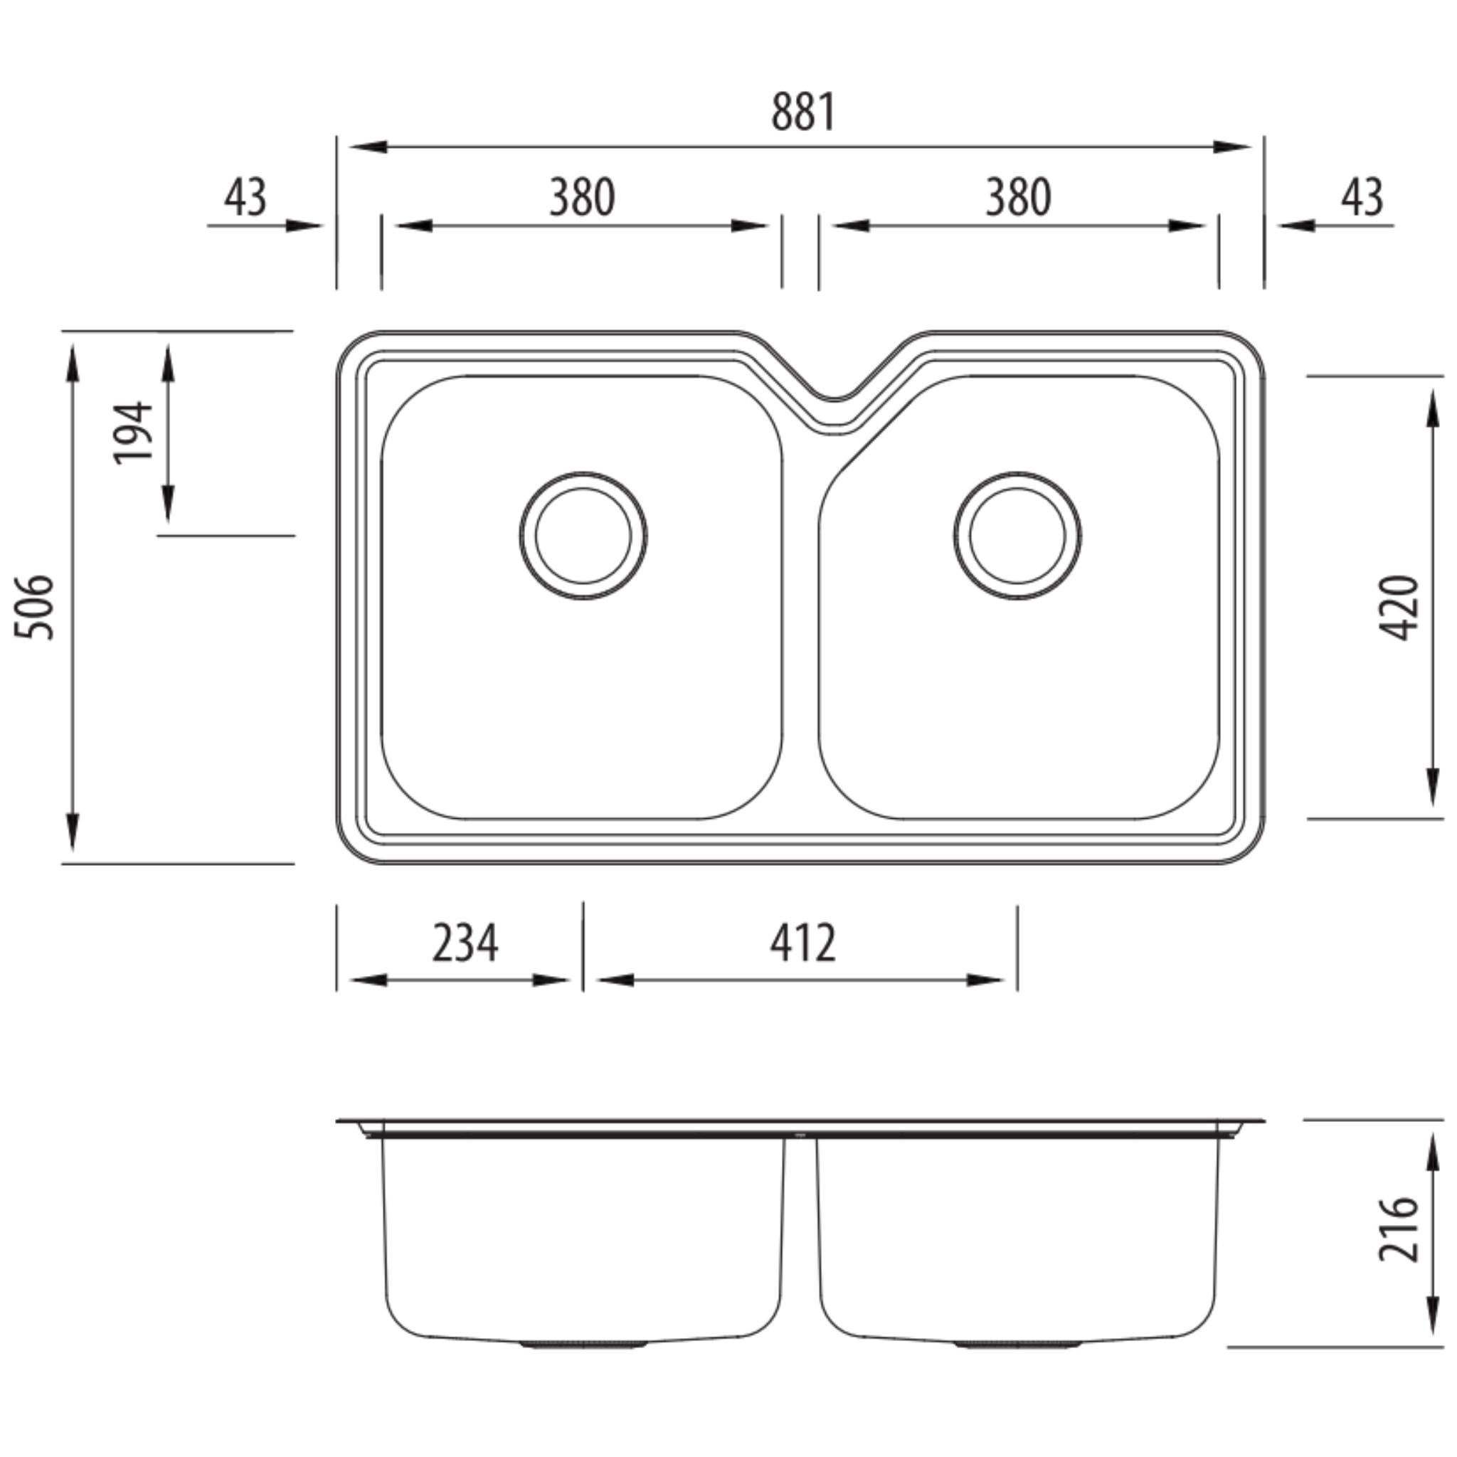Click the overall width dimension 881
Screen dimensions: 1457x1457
pos(803,113)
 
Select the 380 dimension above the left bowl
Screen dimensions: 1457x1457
pos(581,198)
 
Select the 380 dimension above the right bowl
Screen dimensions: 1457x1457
pos(1017,198)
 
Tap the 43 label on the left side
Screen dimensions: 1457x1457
pos(245,198)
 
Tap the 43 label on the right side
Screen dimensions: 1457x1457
pos(1362,198)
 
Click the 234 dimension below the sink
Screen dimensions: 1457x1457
pos(465,943)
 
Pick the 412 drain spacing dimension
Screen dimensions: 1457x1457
pos(802,943)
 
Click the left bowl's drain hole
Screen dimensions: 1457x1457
pos(583,536)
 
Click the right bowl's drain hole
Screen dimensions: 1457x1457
pos(1017,536)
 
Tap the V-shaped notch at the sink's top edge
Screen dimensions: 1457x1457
pos(833,396)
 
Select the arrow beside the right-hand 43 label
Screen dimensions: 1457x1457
pos(1296,226)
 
